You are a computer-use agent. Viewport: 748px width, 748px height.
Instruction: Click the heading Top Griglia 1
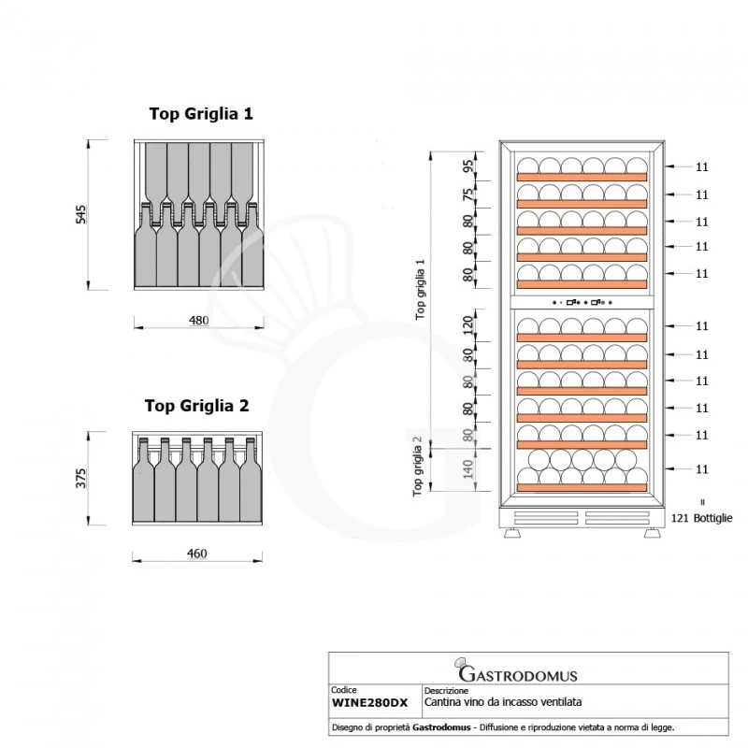pyautogui.click(x=201, y=114)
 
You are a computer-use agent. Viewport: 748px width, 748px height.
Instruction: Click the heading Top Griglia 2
pyautogui.click(x=196, y=406)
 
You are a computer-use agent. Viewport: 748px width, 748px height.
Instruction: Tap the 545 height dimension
pyautogui.click(x=81, y=213)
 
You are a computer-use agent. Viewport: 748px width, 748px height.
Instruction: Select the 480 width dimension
pyautogui.click(x=198, y=320)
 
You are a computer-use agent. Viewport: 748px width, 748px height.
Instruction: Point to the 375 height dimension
pyautogui.click(x=81, y=478)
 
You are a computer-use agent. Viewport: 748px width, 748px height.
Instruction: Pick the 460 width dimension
pyautogui.click(x=196, y=554)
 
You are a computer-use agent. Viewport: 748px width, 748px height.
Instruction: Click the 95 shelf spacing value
pyautogui.click(x=468, y=167)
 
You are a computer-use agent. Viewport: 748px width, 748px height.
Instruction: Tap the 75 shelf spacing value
pyautogui.click(x=468, y=194)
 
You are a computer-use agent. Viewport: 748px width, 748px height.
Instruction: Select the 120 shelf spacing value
pyautogui.click(x=468, y=325)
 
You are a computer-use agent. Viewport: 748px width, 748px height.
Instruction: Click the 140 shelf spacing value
pyautogui.click(x=468, y=468)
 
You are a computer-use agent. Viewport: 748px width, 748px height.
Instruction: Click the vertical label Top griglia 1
pyautogui.click(x=422, y=289)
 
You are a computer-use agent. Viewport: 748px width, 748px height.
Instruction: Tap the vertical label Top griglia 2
pyautogui.click(x=422, y=464)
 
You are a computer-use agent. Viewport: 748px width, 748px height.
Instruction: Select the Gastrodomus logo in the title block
pyautogui.click(x=516, y=672)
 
